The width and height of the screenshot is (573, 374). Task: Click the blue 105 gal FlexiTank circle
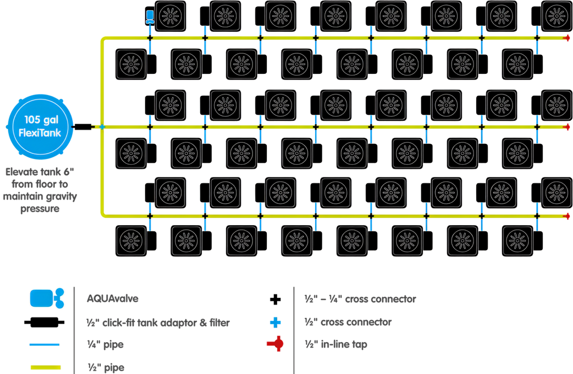tap(40, 127)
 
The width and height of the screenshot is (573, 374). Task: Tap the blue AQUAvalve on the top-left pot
tap(150, 17)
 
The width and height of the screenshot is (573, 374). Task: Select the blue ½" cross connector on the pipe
tap(102, 127)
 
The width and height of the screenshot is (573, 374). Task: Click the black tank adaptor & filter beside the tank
tap(83, 127)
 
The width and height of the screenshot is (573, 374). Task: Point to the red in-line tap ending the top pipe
tap(567, 38)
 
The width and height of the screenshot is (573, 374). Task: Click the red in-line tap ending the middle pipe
tap(567, 127)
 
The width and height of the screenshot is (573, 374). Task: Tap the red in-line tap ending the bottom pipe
tap(567, 216)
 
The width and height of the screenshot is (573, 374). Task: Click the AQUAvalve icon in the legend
tap(47, 298)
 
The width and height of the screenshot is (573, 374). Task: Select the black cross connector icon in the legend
tap(275, 300)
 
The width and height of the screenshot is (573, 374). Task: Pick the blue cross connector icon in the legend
tap(275, 322)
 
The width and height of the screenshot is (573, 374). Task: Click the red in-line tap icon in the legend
tap(275, 344)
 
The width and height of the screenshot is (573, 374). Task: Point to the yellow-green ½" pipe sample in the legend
tap(45, 367)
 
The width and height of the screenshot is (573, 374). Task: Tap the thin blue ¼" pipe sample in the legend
tap(45, 344)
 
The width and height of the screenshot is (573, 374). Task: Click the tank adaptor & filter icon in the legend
tap(44, 322)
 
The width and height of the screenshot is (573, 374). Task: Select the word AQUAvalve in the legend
tap(112, 298)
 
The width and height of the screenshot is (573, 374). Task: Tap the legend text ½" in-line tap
tap(336, 344)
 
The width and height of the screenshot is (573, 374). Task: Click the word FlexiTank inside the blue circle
tap(40, 133)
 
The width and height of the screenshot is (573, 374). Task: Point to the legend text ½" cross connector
tap(348, 322)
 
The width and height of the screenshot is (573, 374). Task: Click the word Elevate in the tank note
tap(22, 172)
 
